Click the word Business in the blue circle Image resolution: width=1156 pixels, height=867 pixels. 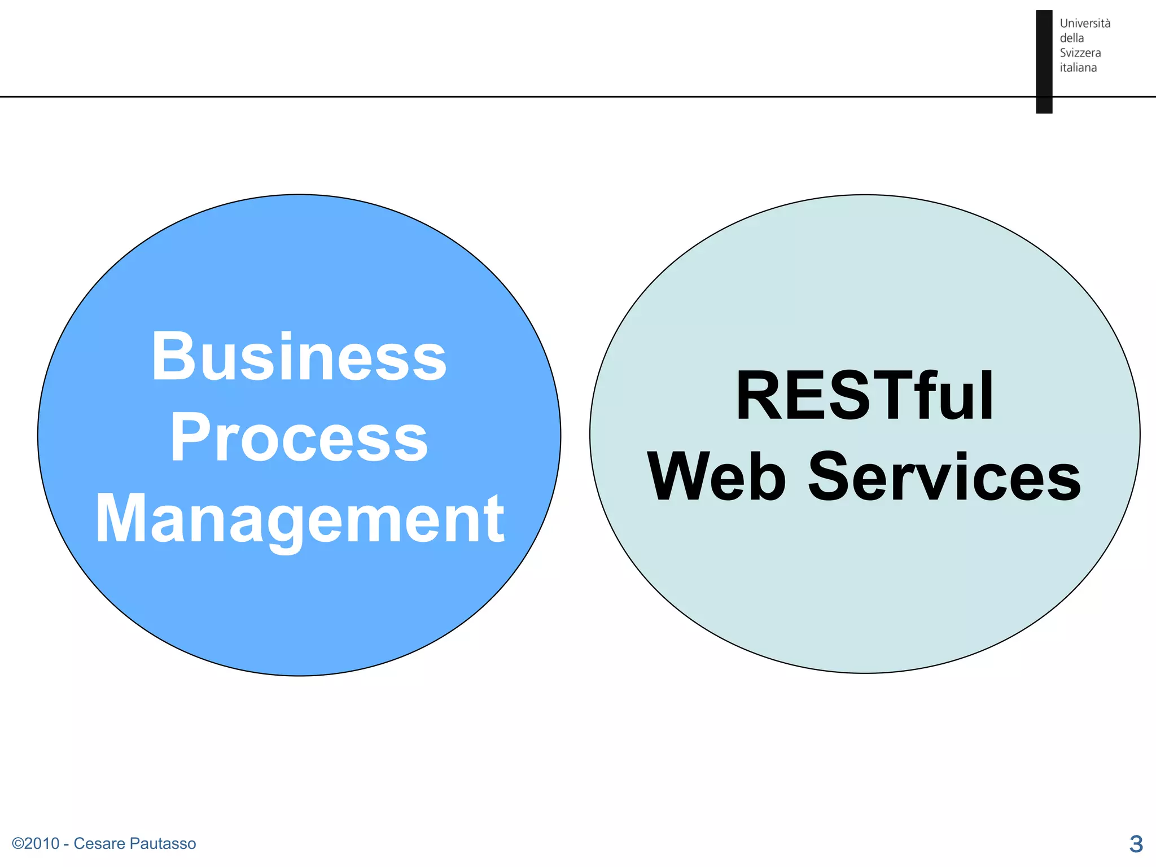[299, 357]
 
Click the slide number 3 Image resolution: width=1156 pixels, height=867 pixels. [1136, 844]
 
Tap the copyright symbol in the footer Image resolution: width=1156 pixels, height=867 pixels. [17, 844]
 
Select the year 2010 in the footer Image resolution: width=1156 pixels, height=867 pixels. [42, 844]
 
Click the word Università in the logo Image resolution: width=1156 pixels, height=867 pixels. [1084, 24]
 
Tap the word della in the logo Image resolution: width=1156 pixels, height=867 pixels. [1071, 38]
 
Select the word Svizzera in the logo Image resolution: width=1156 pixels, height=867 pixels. [1080, 53]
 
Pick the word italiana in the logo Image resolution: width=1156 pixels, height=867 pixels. [1078, 68]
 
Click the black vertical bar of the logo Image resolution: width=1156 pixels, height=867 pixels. [1044, 62]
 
